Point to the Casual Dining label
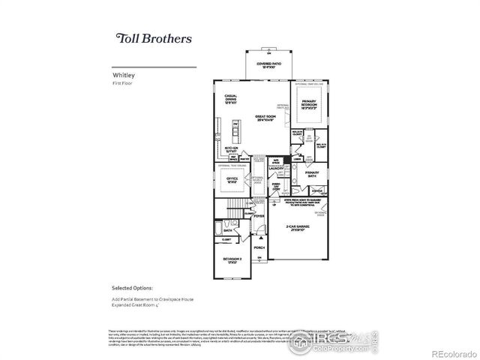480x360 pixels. (231, 98)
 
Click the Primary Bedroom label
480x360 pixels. (310, 103)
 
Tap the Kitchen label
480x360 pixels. (232, 150)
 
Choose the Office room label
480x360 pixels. (232, 180)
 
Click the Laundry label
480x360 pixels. (277, 169)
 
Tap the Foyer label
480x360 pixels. (259, 217)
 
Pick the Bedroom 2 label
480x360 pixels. (231, 259)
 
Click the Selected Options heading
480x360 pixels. (133, 287)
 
